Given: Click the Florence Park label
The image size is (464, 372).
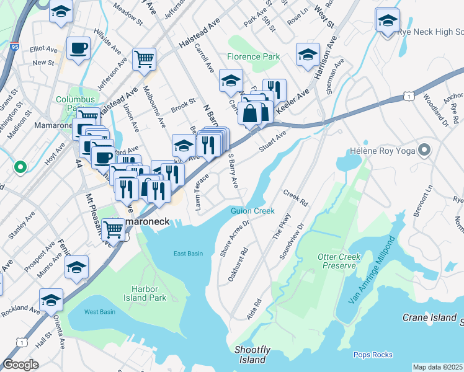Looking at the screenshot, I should pos(253,56).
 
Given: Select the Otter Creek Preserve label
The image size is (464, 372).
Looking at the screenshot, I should pos(339,261).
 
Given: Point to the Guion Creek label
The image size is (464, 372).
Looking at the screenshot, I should pos(252,211).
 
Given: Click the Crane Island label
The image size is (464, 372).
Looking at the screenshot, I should pos(429,317).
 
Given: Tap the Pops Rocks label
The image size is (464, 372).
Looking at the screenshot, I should pos(373,355).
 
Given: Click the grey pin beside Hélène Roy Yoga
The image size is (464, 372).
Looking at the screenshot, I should pos(424,149).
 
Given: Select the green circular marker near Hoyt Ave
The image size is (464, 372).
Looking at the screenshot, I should pos(20,166).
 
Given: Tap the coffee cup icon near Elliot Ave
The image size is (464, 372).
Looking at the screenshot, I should pos(79,48).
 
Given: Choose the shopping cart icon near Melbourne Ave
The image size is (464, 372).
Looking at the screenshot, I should pos(144,60).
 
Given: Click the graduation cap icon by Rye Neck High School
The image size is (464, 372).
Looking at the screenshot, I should pos(388,22).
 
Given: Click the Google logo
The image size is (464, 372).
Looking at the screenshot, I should pos(20,364).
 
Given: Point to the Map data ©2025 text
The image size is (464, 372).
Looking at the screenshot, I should pos(437,367).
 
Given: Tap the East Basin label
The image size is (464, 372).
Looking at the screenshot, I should pos(188,254).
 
